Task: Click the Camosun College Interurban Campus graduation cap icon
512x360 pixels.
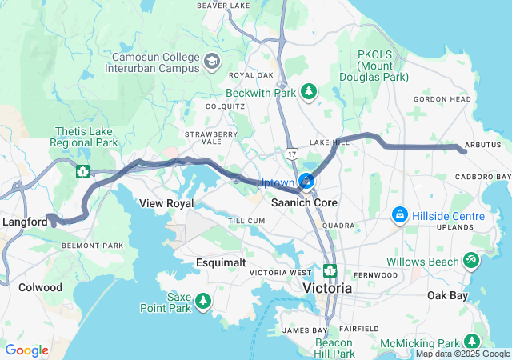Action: click(211, 62)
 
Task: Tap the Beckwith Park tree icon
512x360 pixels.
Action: click(308, 93)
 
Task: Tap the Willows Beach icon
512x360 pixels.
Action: click(472, 261)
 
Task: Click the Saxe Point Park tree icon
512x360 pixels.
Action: click(204, 302)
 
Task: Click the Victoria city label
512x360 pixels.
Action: click(326, 287)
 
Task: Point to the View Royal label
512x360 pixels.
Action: click(167, 203)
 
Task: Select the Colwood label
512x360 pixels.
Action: click(40, 287)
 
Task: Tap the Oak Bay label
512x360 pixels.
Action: click(447, 294)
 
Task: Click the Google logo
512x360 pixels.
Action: click(27, 350)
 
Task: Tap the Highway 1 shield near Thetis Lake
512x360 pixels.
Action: click(82, 170)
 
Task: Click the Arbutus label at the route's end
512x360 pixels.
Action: click(482, 146)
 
